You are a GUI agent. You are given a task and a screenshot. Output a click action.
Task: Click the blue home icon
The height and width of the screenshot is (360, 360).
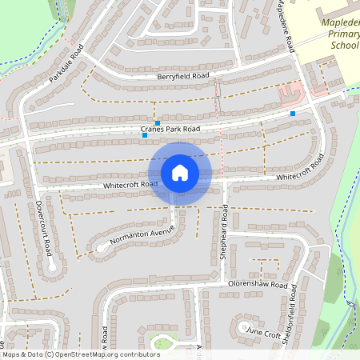click(179, 173)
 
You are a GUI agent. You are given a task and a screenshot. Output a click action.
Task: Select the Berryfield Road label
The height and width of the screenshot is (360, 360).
click(182, 76)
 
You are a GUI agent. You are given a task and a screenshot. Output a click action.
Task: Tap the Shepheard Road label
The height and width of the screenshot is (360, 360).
click(225, 234)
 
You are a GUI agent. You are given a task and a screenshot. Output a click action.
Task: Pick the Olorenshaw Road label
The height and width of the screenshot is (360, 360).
click(258, 285)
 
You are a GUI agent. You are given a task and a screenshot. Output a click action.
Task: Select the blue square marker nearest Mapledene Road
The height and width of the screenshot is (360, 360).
click(293, 114)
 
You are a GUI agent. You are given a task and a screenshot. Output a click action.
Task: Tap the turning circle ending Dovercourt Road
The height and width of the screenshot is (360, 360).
click(52, 267)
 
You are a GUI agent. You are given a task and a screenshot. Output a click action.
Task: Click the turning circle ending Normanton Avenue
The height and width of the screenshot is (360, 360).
click(102, 248)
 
